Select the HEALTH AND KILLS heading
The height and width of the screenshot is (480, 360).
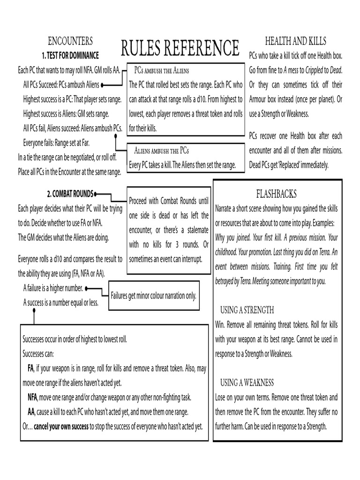[295, 41]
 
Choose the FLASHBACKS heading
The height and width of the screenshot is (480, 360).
[276, 193]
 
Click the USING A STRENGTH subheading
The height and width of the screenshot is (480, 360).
[247, 310]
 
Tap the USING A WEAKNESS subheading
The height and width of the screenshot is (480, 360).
[247, 382]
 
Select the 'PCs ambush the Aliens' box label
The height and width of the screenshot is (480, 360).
[161, 70]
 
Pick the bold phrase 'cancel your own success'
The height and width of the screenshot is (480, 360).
[61, 426]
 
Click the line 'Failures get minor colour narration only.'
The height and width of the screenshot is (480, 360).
[153, 296]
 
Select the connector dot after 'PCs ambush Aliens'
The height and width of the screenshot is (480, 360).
[103, 85]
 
